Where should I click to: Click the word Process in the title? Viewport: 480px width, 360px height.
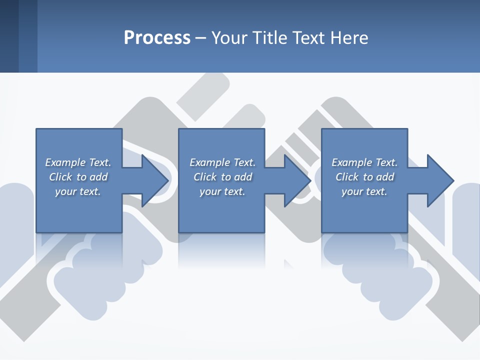157,38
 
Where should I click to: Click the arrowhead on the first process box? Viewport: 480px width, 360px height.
155,180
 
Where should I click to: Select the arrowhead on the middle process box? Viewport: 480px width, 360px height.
298,180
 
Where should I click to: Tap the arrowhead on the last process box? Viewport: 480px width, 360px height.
440,180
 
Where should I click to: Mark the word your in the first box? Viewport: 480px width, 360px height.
65,192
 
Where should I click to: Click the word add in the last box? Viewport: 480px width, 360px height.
385,177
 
